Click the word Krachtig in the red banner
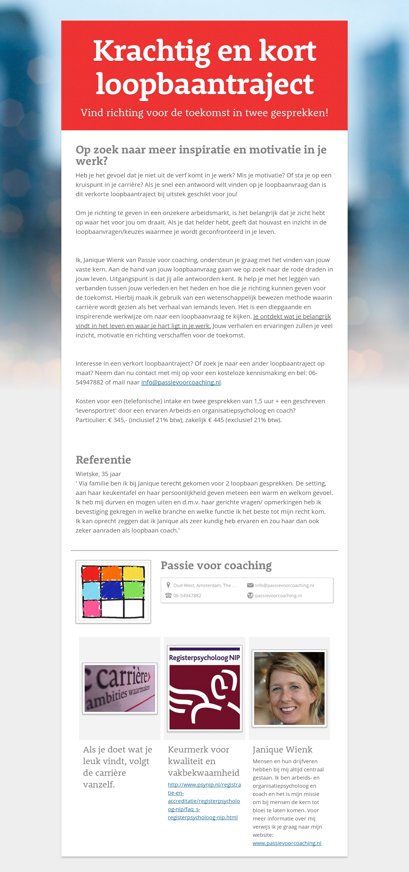151,51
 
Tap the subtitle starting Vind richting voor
204,113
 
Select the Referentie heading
103,460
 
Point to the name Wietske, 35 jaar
98,474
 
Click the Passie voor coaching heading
216,565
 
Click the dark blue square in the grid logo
112,590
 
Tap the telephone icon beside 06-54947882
168,595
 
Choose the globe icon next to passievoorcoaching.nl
250,595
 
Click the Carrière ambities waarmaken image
120,688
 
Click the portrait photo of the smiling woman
289,688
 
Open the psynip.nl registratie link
204,801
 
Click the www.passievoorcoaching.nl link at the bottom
287,843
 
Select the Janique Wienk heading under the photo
282,749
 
